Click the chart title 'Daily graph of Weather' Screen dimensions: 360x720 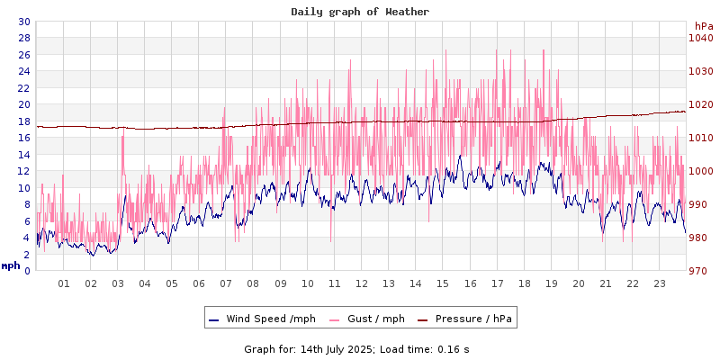point(360,12)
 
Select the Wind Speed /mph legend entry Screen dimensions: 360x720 point(262,319)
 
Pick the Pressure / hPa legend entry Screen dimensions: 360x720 point(466,319)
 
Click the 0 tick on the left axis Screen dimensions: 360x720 point(26,270)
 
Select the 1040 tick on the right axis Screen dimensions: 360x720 point(700,38)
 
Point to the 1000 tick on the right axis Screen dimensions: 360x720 point(700,171)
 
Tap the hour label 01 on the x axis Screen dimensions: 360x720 point(64,283)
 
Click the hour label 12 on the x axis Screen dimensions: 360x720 point(361,283)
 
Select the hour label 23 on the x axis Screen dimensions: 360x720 point(659,283)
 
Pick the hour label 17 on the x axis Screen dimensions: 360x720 point(497,283)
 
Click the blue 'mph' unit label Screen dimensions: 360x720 point(11,265)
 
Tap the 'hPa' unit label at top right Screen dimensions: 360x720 point(703,26)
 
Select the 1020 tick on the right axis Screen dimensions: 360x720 point(700,104)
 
